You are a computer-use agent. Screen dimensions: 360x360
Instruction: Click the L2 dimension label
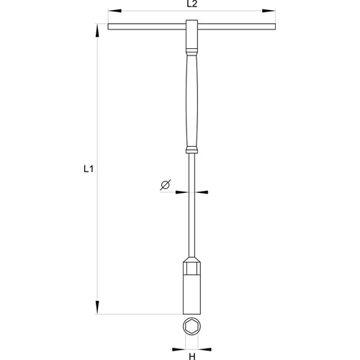(x=192, y=4)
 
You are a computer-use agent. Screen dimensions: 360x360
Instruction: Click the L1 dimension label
(x=89, y=169)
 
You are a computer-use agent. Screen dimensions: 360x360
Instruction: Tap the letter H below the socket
(x=192, y=356)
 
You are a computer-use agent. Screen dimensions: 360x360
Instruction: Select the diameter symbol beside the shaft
(x=166, y=185)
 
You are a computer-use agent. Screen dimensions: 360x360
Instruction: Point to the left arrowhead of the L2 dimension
(x=114, y=11)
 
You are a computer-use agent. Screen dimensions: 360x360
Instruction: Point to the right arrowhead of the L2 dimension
(x=269, y=11)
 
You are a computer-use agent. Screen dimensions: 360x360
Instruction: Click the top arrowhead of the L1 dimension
(x=97, y=31)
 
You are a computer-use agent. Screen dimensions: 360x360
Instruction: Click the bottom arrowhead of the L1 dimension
(x=97, y=307)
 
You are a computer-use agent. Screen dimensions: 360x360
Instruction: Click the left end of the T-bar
(x=108, y=27)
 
